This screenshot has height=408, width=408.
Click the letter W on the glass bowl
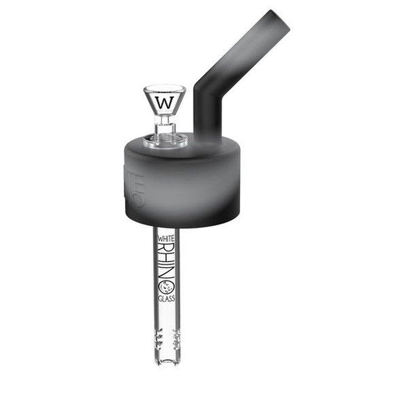pos(165,102)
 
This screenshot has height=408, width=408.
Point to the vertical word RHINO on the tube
pos(167,268)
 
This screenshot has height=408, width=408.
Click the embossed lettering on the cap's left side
pos(135,189)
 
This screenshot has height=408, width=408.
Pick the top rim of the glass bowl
pos(165,88)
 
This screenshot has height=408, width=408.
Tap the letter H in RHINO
pos(167,263)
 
